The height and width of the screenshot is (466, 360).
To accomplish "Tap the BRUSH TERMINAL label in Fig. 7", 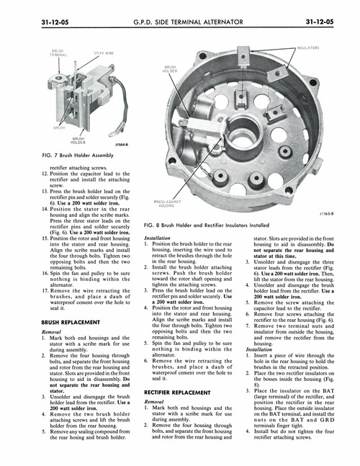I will coord(58,53).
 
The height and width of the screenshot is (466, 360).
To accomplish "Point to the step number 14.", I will coord(45,208).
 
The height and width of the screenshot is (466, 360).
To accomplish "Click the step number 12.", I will coord(45,174).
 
